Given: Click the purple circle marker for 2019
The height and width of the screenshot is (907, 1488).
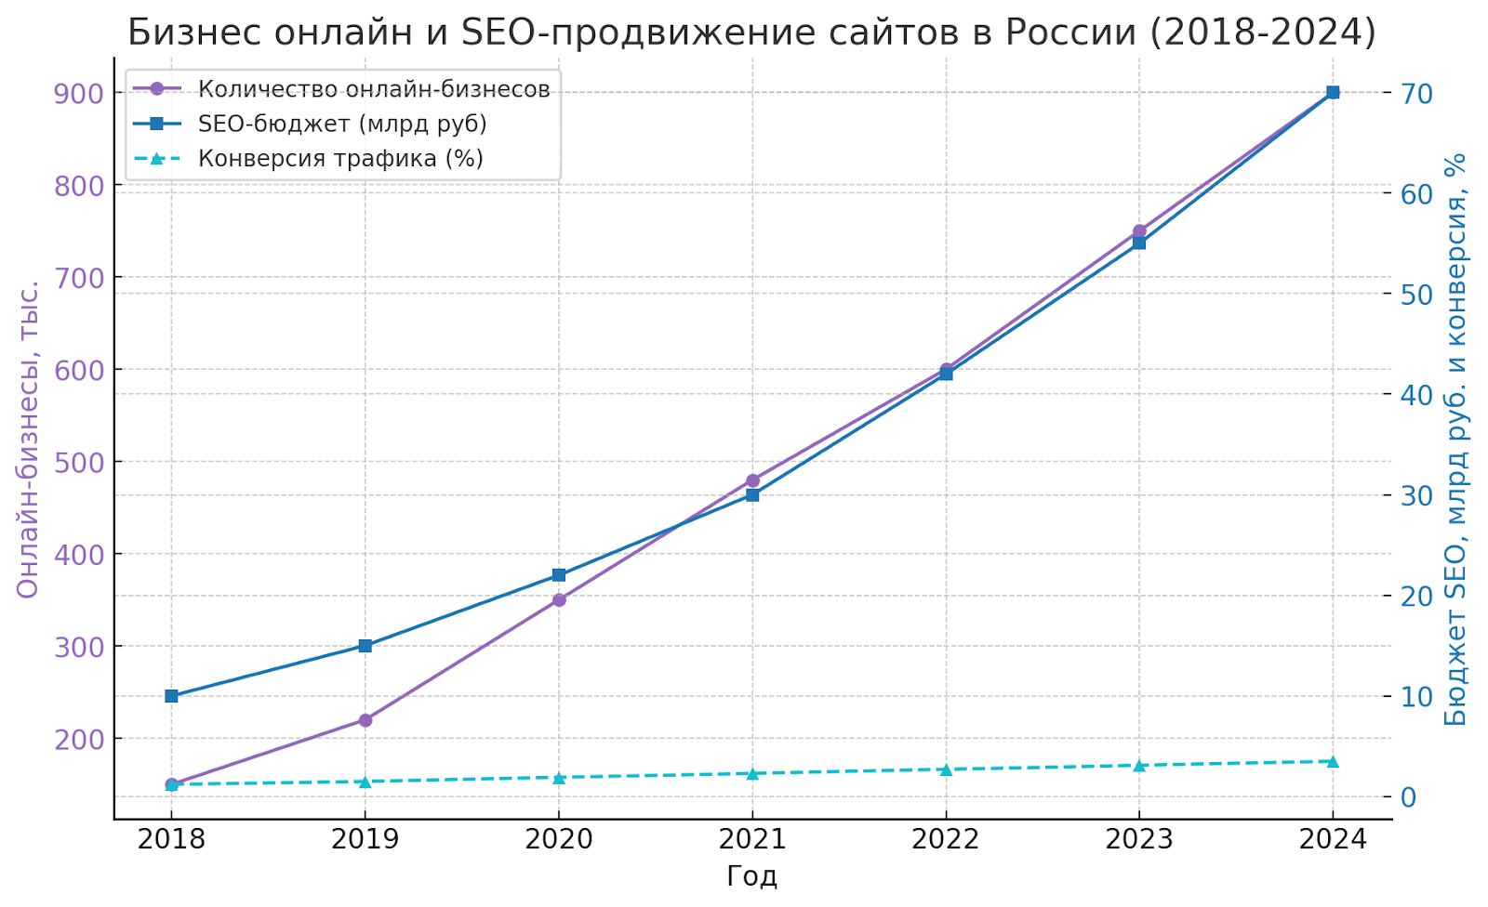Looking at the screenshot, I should (365, 720).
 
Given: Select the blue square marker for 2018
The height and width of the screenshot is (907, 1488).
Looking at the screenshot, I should (171, 696).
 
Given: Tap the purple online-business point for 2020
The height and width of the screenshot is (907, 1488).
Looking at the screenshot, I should (559, 600).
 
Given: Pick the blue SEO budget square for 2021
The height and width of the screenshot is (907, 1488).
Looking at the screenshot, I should (752, 495).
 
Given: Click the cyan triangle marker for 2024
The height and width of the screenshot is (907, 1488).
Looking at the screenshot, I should (1332, 762).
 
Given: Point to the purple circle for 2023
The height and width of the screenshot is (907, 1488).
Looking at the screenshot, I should (1139, 231).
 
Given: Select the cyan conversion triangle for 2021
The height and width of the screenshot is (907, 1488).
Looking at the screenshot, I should (752, 773).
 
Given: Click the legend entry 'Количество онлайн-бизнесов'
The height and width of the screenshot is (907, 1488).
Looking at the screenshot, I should (374, 89).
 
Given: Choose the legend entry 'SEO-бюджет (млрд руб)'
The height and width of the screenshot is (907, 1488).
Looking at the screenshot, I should (342, 124).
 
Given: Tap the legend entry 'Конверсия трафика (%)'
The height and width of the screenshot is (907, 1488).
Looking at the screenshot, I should (340, 158).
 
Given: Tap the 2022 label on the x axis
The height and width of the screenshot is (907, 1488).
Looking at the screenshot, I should (946, 840).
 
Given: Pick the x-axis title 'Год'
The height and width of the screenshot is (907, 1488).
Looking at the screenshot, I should (751, 876).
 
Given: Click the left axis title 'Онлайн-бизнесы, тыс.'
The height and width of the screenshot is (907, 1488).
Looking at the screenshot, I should (29, 439).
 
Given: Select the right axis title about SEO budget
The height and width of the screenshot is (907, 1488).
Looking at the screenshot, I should (1455, 439).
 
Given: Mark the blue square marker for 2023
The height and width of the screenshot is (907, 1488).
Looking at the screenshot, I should (1139, 243).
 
